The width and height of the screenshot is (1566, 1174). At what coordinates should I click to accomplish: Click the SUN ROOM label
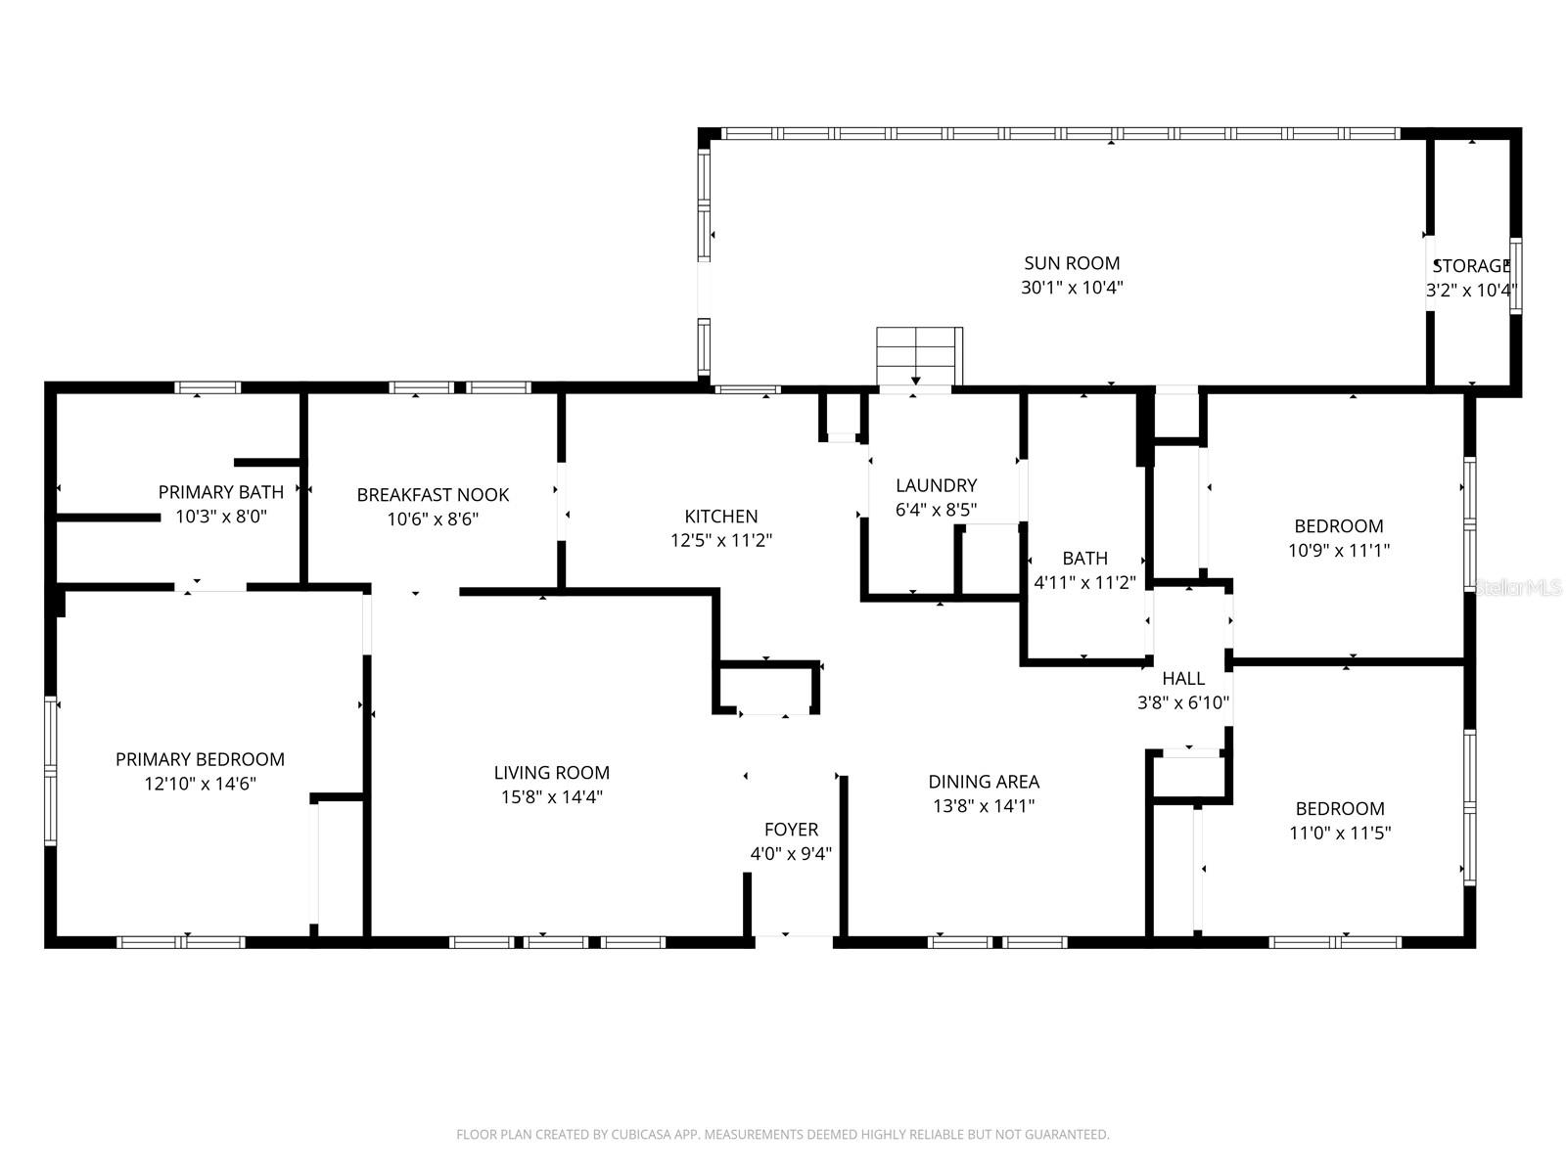click(1072, 263)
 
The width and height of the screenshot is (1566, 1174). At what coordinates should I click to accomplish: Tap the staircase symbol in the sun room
click(918, 356)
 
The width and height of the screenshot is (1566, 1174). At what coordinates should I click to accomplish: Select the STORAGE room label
click(1471, 266)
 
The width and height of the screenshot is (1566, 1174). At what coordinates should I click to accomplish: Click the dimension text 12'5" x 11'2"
click(721, 540)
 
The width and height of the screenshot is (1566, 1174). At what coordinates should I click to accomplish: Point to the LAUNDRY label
click(936, 485)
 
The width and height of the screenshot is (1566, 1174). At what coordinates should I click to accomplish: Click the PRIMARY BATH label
click(221, 492)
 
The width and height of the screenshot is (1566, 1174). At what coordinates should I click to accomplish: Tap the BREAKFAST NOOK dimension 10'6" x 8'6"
click(433, 519)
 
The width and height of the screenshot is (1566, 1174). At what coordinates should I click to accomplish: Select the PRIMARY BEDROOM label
click(200, 759)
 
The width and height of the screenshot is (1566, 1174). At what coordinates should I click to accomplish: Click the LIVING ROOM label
click(551, 773)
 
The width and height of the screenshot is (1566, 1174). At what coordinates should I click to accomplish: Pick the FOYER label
click(791, 830)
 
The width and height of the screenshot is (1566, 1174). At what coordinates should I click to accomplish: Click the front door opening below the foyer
click(794, 941)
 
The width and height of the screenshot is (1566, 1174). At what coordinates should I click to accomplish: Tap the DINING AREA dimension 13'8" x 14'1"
click(984, 806)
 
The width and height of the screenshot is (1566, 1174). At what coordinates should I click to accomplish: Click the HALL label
click(1183, 678)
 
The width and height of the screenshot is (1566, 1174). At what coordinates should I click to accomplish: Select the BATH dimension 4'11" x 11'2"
click(1084, 583)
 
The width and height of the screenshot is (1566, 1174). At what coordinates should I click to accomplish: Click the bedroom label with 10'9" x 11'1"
click(1339, 526)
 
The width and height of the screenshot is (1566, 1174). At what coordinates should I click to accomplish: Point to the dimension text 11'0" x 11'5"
click(1340, 834)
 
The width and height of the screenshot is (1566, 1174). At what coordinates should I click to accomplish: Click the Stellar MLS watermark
click(1518, 588)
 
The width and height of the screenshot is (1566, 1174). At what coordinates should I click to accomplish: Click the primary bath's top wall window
click(207, 387)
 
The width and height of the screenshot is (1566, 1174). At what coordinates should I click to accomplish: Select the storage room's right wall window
click(1515, 275)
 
